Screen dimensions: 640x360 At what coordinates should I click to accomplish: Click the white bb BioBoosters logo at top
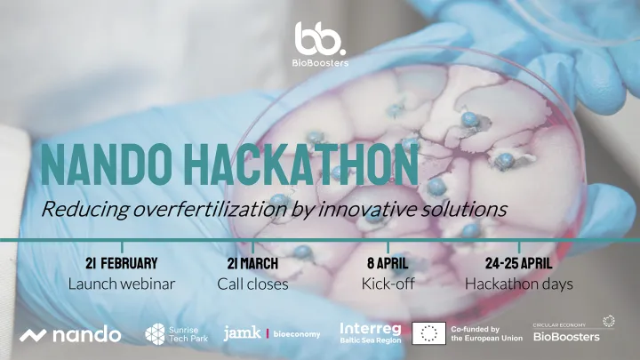coord(320,44)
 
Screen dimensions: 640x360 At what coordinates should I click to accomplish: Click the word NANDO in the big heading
coord(106,165)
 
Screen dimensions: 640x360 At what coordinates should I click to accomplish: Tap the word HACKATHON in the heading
coord(301,165)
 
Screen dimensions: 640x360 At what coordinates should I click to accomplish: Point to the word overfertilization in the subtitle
coord(210,209)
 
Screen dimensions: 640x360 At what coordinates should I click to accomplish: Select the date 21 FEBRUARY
coord(122,263)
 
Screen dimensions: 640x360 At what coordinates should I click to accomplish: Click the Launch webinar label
coord(122,284)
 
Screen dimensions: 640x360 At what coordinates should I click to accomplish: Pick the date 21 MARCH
coord(252,263)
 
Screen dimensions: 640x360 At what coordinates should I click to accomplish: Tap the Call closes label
coord(252,284)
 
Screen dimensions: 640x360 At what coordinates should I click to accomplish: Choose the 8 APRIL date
coord(388,263)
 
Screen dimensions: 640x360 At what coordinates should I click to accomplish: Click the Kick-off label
coord(388,284)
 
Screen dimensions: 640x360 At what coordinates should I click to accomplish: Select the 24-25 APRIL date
coord(519,263)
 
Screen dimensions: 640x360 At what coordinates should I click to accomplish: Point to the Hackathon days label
coord(519,284)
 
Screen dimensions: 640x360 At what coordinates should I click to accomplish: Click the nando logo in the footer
coord(70,335)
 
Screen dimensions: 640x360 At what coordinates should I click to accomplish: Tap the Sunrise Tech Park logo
coord(177,334)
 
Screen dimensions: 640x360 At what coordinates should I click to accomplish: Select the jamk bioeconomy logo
coord(272,333)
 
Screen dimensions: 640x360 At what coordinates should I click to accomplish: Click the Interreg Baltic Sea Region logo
coord(371,333)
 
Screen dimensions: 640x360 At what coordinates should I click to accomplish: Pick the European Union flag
coord(428,333)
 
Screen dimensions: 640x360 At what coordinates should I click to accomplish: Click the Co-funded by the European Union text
coord(486,333)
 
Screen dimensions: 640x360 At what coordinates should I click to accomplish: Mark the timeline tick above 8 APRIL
coord(388,247)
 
